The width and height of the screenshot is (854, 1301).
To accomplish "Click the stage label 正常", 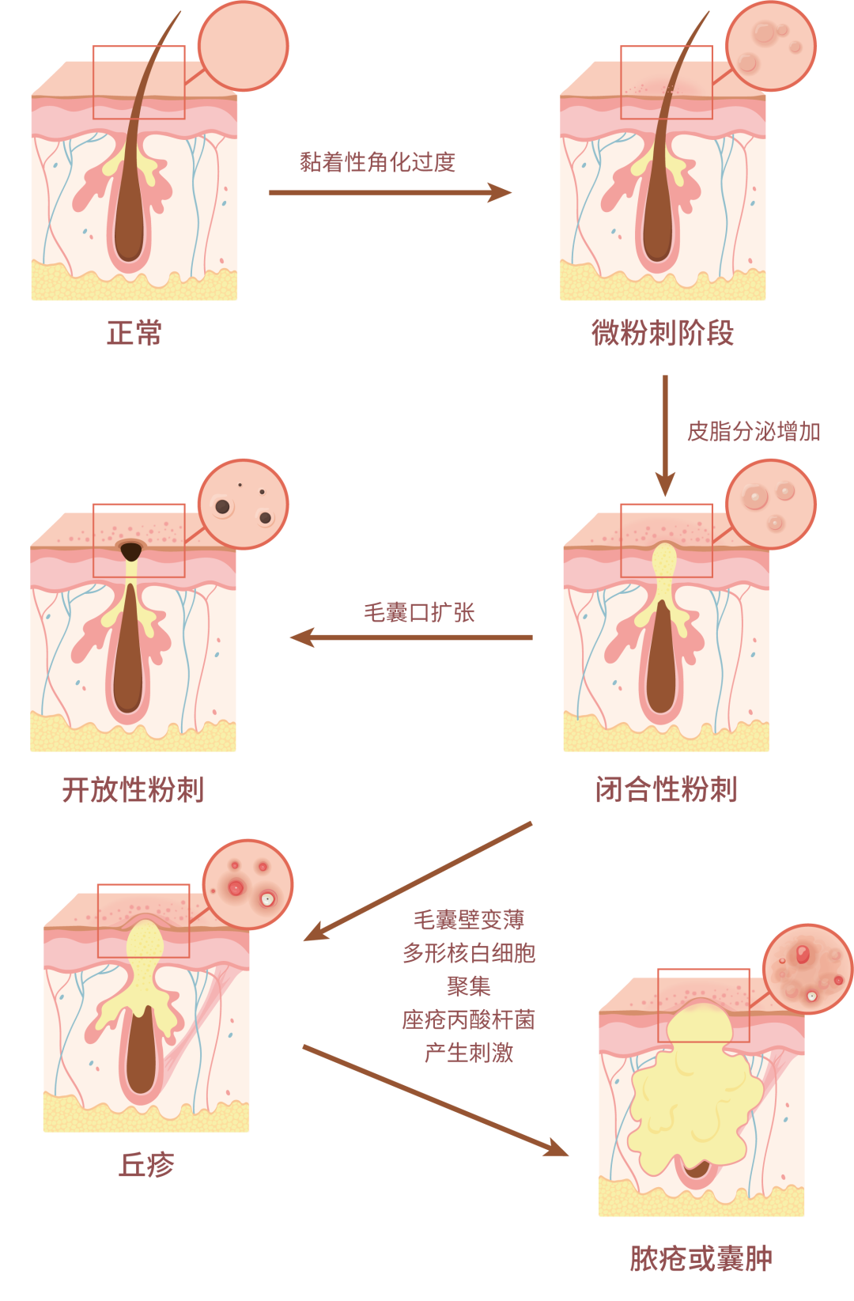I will click(134, 333).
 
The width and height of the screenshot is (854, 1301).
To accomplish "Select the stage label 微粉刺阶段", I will click(663, 333).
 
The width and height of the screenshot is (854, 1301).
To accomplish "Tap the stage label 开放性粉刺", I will click(133, 789).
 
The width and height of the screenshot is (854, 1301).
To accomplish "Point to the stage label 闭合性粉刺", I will click(666, 789).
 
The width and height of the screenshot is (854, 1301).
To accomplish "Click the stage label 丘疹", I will click(146, 1165).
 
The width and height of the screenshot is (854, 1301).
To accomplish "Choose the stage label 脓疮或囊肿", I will click(701, 1258).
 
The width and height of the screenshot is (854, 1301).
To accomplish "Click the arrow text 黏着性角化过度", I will click(377, 162).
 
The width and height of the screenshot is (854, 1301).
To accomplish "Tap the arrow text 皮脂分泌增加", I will click(754, 432).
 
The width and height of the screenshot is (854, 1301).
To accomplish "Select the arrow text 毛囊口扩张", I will click(418, 612).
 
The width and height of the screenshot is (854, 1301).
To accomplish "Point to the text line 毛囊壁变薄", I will click(469, 920).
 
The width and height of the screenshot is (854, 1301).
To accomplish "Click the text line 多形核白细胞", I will click(469, 953).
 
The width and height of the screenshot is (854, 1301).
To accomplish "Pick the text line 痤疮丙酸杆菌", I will click(469, 1019).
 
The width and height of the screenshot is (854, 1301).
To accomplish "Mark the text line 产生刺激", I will click(469, 1053).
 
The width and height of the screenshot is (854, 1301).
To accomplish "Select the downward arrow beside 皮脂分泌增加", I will click(665, 435).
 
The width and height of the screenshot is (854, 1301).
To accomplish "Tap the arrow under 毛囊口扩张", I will click(411, 637).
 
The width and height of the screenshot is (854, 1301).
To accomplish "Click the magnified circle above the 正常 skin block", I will click(243, 45).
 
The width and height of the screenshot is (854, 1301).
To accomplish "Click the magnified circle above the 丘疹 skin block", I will click(248, 884).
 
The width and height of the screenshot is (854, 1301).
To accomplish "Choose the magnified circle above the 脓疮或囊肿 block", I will click(807, 969).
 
